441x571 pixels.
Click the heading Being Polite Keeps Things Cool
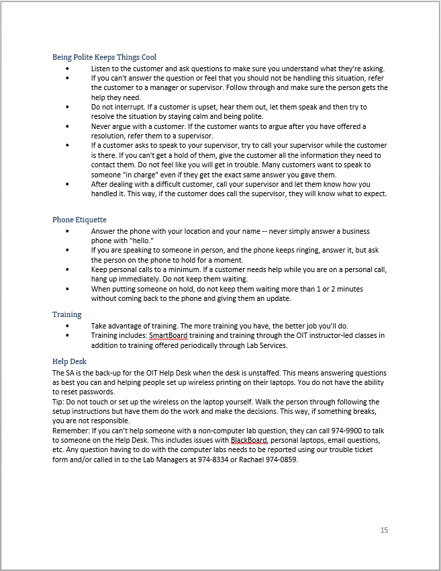point(104,57)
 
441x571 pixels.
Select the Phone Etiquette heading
point(79,220)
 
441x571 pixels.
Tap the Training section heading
point(67,314)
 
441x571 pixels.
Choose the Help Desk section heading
point(69,361)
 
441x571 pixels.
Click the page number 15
point(384,530)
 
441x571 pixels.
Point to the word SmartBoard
point(168,335)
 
